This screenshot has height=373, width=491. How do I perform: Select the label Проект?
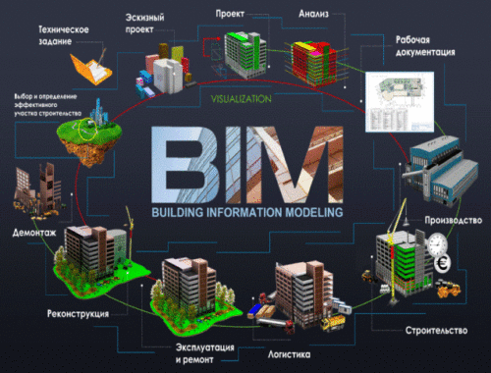point(231,15)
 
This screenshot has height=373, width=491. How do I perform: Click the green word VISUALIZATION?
point(241,98)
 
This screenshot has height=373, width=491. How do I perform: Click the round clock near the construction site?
point(437,240)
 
